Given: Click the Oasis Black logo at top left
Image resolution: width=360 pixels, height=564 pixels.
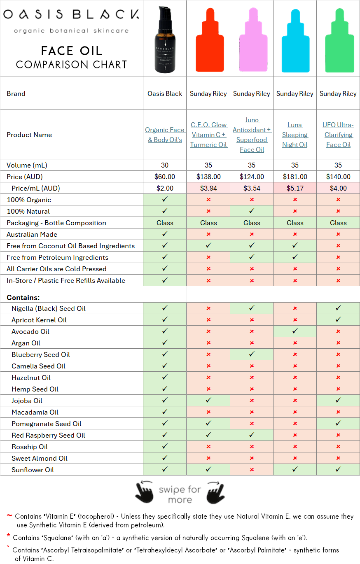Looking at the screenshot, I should pyautogui.click(x=71, y=15).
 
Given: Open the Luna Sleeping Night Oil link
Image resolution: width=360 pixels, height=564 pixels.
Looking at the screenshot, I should pyautogui.click(x=295, y=135).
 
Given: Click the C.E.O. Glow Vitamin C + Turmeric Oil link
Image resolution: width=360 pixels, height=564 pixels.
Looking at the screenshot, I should pyautogui.click(x=208, y=135).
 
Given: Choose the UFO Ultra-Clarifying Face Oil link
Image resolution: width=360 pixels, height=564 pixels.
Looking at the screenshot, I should pyautogui.click(x=338, y=135).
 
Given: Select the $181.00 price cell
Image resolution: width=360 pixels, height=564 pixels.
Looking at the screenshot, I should pyautogui.click(x=295, y=177).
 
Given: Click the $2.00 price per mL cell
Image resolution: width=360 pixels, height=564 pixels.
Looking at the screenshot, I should pyautogui.click(x=165, y=188).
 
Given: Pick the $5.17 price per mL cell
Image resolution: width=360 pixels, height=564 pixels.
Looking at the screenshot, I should pyautogui.click(x=295, y=188).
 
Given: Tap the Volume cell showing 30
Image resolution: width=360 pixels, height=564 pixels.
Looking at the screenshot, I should pyautogui.click(x=165, y=165).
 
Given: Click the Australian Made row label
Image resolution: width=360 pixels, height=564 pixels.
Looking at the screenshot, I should pyautogui.click(x=32, y=234).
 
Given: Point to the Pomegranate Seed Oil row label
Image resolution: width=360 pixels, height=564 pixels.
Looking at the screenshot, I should pyautogui.click(x=47, y=424).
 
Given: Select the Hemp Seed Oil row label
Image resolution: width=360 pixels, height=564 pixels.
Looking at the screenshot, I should pyautogui.click(x=35, y=389).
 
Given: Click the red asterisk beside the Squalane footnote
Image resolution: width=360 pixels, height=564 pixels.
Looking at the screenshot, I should pyautogui.click(x=8, y=536).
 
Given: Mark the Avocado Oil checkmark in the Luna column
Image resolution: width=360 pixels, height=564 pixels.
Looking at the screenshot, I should pyautogui.click(x=295, y=331).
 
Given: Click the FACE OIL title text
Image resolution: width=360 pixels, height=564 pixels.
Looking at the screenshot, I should pyautogui.click(x=71, y=51).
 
